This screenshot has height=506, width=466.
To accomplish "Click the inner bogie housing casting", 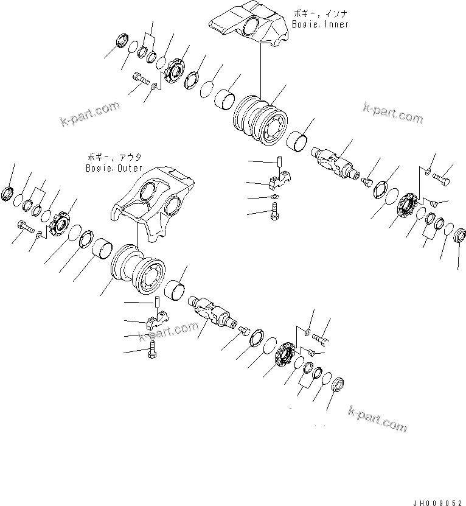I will pyautogui.click(x=246, y=27).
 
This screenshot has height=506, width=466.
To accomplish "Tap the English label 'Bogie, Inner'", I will pyautogui.click(x=321, y=25).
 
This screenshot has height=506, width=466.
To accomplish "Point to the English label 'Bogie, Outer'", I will pyautogui.click(x=114, y=168).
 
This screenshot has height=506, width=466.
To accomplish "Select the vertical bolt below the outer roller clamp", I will pyautogui.click(x=151, y=351).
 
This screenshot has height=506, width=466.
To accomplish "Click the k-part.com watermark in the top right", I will pyautogui.click(x=392, y=112).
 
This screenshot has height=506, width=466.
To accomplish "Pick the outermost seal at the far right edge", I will pyautogui.click(x=460, y=233).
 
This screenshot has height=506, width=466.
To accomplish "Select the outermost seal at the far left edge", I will pyautogui.click(x=10, y=194).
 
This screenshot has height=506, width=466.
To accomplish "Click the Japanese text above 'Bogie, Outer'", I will pyautogui.click(x=114, y=157).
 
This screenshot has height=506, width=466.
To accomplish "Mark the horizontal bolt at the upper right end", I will pyautogui.click(x=442, y=180).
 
